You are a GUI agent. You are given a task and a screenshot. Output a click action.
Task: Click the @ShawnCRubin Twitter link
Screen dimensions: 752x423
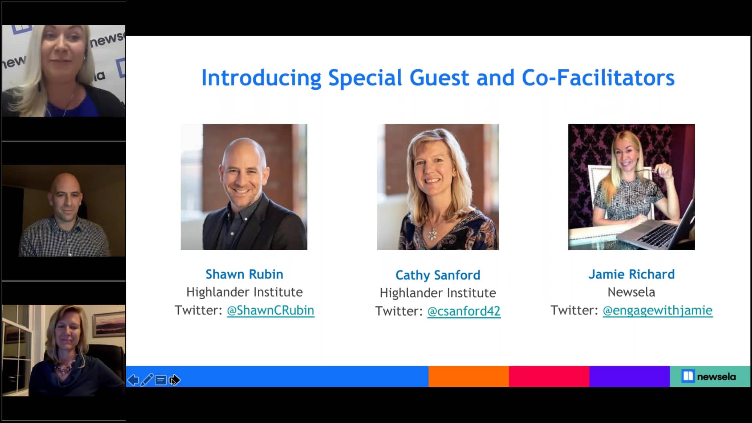[271, 310]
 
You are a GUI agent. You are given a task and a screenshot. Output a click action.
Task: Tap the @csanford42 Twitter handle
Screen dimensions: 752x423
[464, 311]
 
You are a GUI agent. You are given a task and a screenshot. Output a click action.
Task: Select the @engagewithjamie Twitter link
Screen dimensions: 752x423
[658, 310]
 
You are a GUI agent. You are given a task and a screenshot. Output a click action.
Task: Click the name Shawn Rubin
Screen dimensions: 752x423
[244, 274]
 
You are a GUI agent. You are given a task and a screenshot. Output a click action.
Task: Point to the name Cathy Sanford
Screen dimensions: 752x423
[438, 275]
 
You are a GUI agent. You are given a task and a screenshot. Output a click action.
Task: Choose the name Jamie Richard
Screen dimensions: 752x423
[631, 274]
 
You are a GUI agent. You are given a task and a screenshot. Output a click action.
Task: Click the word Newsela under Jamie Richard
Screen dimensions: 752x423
[631, 292]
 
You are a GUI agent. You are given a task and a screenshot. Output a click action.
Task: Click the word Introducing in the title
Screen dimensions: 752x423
[261, 78]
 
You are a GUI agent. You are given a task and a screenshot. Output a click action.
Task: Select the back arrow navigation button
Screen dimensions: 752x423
[133, 380]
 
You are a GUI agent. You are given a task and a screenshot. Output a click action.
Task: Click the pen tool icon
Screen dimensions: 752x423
[147, 380]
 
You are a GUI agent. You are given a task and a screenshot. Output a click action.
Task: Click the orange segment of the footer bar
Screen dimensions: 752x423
[468, 376]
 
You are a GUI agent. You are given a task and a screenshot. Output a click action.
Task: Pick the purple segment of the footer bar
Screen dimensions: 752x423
[629, 376]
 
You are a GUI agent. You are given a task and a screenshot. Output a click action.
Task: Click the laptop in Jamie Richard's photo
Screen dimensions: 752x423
[658, 227]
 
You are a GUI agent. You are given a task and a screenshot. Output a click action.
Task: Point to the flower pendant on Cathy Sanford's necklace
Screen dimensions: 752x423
[432, 235]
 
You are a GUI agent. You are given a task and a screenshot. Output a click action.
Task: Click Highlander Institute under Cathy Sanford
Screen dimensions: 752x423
[438, 293]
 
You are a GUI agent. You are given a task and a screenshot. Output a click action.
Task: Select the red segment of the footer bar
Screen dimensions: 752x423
[549, 376]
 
